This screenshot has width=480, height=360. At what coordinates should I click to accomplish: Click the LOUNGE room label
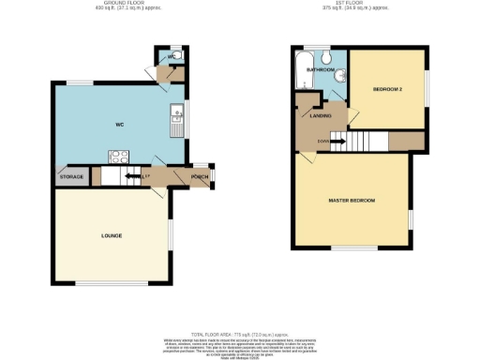(x=112, y=234)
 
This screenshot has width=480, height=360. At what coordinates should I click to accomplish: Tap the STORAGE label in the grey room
(x=71, y=176)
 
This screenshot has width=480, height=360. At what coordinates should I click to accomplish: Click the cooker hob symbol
(x=120, y=157)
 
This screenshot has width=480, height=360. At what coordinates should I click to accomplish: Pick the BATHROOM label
(x=321, y=68)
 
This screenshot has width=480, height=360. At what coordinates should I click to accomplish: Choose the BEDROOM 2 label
(x=386, y=89)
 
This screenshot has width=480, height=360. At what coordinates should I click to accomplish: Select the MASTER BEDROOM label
(x=352, y=201)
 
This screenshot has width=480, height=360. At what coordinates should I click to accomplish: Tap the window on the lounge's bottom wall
(x=110, y=284)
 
